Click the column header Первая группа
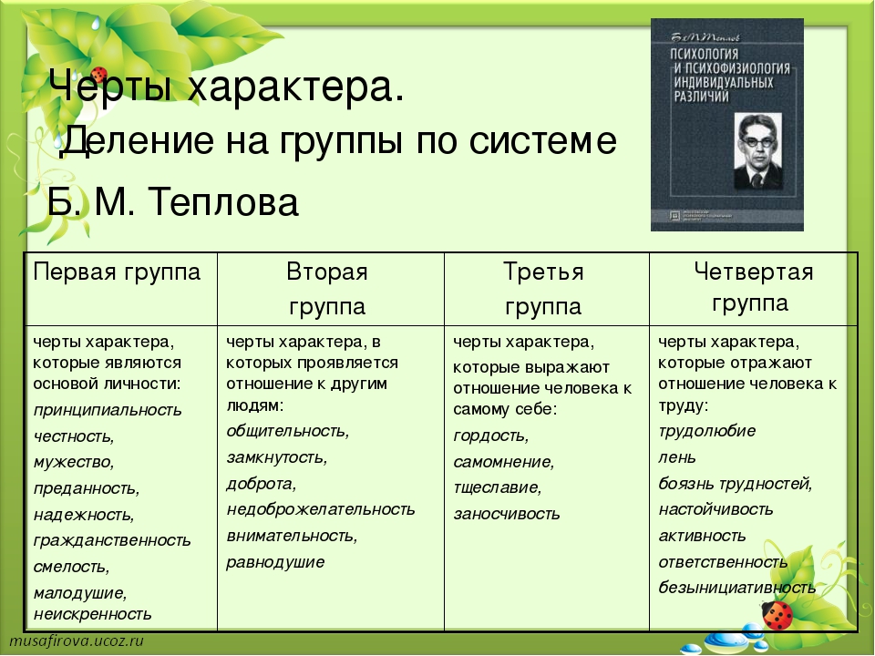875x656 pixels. pos(117,272)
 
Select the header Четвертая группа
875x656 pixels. pos(753,287)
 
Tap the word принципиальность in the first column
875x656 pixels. pos(108,410)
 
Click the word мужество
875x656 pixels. pos(74,463)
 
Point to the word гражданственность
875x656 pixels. pos(112,540)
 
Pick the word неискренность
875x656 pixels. pos(93,613)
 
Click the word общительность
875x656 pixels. pos(288,431)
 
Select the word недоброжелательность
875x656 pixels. pos(321,509)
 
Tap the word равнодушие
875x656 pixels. pos(275,562)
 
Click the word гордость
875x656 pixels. pos(491,436)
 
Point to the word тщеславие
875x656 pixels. pos(498,487)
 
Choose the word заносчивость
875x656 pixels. pos(507,514)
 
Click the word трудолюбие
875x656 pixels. pos(707,431)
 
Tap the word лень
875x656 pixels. pos(677,457)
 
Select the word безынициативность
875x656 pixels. pos(737,588)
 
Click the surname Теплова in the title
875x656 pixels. pos(224,202)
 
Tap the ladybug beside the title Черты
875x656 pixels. pos(99,74)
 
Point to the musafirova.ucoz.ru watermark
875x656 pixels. pos(77,640)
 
